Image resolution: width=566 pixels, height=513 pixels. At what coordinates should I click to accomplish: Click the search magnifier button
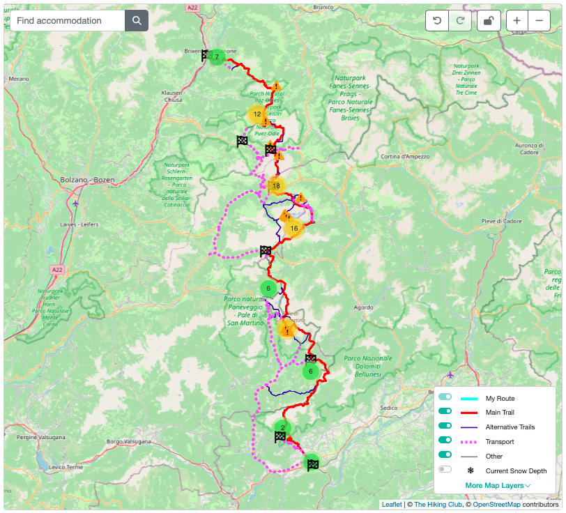(137, 21)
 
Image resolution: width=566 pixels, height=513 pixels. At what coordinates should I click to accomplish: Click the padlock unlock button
(488, 21)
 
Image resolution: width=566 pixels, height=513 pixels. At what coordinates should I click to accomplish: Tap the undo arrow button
(437, 21)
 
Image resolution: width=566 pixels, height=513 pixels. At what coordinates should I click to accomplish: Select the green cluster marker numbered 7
(217, 57)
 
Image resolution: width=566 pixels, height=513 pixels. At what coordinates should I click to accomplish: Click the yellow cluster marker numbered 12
(257, 114)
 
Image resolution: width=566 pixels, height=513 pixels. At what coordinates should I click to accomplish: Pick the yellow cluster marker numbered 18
(277, 186)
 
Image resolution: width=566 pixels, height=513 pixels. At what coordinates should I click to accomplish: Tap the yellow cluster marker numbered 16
(294, 228)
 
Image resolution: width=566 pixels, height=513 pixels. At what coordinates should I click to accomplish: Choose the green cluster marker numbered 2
(282, 427)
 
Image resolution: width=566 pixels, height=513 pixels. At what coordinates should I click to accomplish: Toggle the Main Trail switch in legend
(445, 413)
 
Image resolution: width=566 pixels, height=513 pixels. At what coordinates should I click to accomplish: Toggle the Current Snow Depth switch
(445, 470)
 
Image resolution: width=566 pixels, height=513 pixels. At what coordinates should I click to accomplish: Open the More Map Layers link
(498, 485)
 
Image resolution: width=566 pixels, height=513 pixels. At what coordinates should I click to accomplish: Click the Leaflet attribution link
(391, 505)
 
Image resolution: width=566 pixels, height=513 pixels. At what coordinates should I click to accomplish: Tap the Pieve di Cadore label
(501, 221)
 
